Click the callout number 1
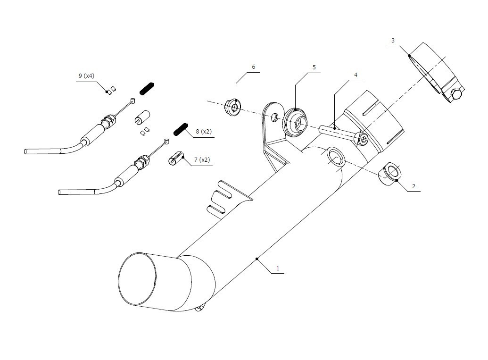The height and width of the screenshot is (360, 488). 278,268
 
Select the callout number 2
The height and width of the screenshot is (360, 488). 414,186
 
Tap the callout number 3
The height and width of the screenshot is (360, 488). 393,41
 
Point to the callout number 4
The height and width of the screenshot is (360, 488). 356,75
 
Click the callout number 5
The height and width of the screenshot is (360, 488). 314,67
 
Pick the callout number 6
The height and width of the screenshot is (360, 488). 253,67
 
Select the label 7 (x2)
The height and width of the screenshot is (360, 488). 202,160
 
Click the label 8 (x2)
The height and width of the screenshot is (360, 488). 204,132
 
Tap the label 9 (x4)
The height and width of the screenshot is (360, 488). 86,75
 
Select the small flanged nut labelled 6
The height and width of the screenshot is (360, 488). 232,108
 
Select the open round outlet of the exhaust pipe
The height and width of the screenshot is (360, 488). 137,279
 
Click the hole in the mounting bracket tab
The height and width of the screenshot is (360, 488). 274,117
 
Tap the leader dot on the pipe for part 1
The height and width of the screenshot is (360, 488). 257,259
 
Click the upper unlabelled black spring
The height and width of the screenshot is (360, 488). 147,89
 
